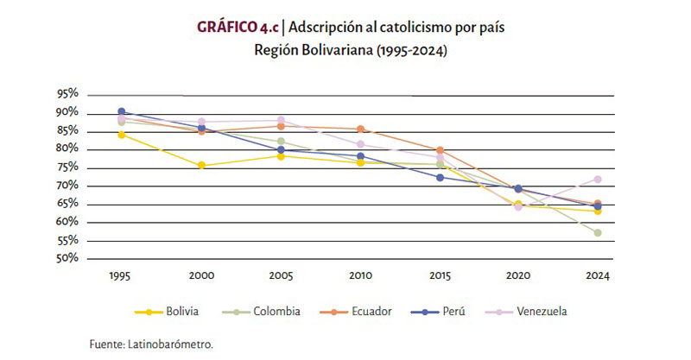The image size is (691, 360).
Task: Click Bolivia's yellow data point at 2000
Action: [x=200, y=166]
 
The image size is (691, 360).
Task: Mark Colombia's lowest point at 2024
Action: [x=597, y=233]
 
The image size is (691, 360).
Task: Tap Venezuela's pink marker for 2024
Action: [x=597, y=180]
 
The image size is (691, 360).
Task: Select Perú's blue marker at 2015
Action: [x=440, y=178]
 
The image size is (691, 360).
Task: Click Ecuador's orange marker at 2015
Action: [x=440, y=150]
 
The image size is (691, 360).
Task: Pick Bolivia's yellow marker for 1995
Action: [x=122, y=135]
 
